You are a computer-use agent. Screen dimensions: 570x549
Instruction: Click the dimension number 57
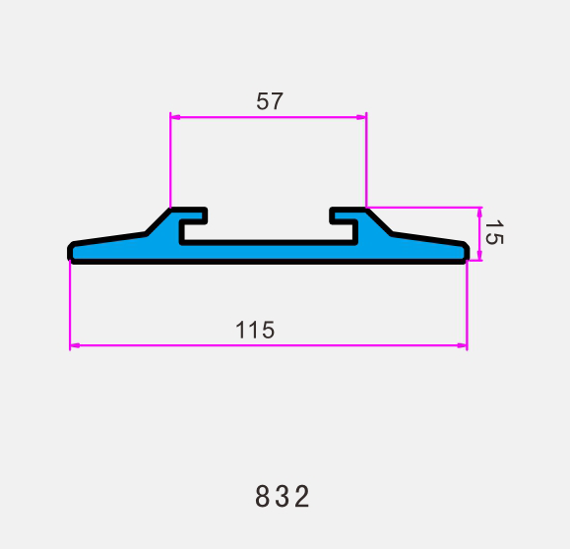(270, 101)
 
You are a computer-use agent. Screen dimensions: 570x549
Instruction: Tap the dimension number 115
(255, 330)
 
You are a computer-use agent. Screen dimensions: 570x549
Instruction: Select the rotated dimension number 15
(494, 232)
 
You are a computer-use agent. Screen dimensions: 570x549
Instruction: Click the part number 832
(283, 496)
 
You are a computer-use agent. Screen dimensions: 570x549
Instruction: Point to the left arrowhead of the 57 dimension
(175, 117)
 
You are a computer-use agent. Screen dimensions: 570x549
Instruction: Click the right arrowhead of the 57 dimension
(361, 117)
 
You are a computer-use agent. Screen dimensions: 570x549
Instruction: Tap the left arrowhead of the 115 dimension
(75, 345)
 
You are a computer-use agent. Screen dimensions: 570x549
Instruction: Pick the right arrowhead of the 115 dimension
(462, 345)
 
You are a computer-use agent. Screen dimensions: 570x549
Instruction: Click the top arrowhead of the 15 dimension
(479, 213)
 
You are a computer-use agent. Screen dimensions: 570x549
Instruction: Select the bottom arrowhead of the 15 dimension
(479, 256)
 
